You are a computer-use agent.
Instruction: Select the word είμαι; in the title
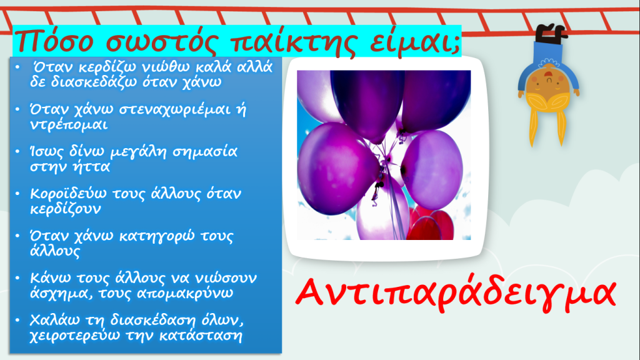(416, 41)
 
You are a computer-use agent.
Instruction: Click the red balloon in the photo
(431, 224)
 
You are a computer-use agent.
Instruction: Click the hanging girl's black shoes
(550, 32)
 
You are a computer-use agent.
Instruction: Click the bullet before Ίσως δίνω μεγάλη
(17, 152)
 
